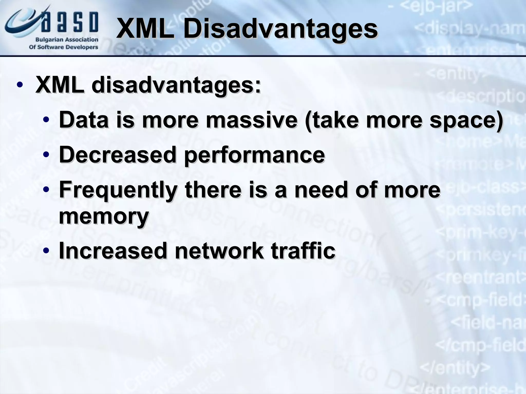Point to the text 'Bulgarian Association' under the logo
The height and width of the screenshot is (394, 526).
coord(67,40)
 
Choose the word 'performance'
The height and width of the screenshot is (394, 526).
coord(254,155)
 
